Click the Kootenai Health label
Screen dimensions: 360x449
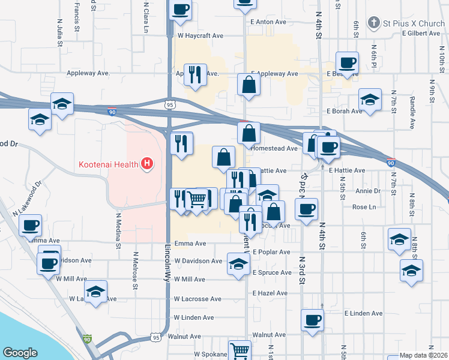107,164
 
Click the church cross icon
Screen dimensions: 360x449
373,23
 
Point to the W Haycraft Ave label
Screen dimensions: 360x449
200,35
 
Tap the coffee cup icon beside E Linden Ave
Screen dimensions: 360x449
312,320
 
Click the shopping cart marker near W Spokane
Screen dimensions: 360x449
240,350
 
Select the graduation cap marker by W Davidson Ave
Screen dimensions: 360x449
238,263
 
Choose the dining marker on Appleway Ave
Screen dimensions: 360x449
195,74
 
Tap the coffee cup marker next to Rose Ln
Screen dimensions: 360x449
307,209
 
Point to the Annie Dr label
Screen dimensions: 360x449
368,191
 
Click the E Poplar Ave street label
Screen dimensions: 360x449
271,252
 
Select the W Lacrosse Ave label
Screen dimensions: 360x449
197,299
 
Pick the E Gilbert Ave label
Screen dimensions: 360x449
423,33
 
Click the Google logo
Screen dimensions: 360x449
20,353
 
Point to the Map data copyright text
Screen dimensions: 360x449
424,356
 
